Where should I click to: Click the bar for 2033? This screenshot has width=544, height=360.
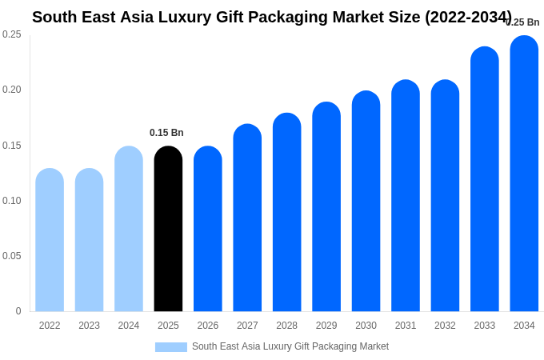[x=485, y=179]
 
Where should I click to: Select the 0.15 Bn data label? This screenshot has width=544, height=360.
[x=166, y=133]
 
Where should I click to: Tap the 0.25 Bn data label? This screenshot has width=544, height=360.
[x=523, y=22]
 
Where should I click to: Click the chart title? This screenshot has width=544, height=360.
[x=272, y=17]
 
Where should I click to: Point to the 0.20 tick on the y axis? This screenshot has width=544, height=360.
[x=12, y=90]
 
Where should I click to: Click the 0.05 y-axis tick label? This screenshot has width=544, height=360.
[x=12, y=256]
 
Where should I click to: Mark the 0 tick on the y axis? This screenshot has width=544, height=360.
[x=18, y=311]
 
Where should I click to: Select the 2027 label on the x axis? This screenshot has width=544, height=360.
[x=247, y=326]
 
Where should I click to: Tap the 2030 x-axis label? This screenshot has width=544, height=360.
[x=366, y=326]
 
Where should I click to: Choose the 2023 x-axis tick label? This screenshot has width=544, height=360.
[x=89, y=326]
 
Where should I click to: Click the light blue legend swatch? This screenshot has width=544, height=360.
[x=171, y=347]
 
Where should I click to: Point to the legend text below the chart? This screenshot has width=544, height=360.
[x=290, y=346]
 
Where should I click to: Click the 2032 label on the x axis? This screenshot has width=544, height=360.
[x=445, y=326]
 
